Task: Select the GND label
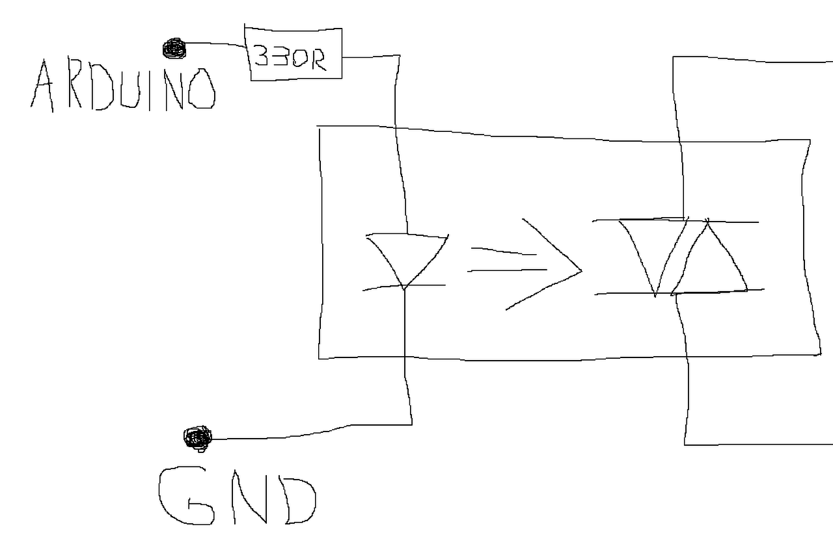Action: click(x=238, y=495)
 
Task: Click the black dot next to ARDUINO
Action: click(x=173, y=47)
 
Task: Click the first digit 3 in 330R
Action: click(x=262, y=57)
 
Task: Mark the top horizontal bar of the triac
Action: click(x=677, y=221)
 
